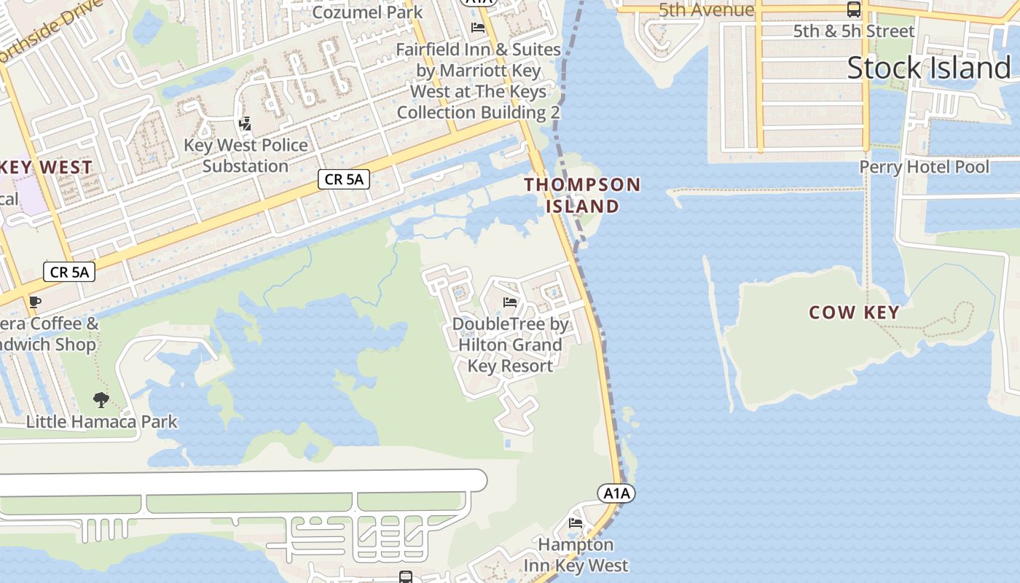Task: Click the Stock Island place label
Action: (x=929, y=68)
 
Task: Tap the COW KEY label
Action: (x=854, y=313)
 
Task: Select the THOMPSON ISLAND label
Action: (x=582, y=195)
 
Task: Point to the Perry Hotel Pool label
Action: (x=924, y=167)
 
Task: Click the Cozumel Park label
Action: (x=367, y=12)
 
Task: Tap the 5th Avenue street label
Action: (x=706, y=9)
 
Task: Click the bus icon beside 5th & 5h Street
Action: (x=853, y=9)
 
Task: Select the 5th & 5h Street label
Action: (x=853, y=31)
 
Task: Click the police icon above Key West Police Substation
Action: (x=246, y=124)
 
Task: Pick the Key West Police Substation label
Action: (x=246, y=155)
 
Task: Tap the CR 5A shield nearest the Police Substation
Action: (x=344, y=179)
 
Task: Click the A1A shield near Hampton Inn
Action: (x=616, y=493)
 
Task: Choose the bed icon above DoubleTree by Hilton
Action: (x=510, y=302)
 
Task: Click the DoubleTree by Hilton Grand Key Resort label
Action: (x=510, y=345)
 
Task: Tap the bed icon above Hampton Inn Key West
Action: (x=576, y=523)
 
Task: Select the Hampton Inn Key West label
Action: (x=576, y=555)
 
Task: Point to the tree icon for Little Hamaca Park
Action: (x=101, y=399)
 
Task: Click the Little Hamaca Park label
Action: (x=101, y=421)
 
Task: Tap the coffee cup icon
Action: (x=34, y=302)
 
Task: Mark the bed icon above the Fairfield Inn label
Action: (x=478, y=28)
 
